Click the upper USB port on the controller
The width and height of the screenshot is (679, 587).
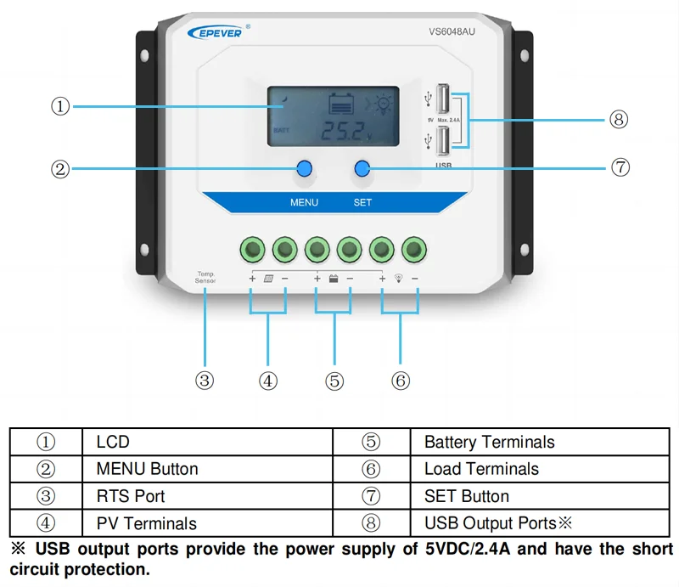[x=443, y=99]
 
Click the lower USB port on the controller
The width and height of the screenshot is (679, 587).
[x=443, y=138]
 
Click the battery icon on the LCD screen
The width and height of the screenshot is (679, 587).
[x=341, y=104]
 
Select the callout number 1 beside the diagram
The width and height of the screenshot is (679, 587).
[x=59, y=106]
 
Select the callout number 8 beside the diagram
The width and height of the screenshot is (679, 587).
[x=619, y=119]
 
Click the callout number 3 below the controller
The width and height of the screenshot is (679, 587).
[x=205, y=381]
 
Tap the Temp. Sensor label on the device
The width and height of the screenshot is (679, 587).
[x=205, y=277]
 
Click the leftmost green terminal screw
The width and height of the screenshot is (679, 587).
[x=252, y=249]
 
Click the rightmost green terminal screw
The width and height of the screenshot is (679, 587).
[x=414, y=249]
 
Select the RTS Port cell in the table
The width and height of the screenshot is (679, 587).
[x=131, y=496]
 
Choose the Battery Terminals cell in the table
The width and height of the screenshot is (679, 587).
[x=489, y=442]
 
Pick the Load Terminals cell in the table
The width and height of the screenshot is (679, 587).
[x=481, y=469]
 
